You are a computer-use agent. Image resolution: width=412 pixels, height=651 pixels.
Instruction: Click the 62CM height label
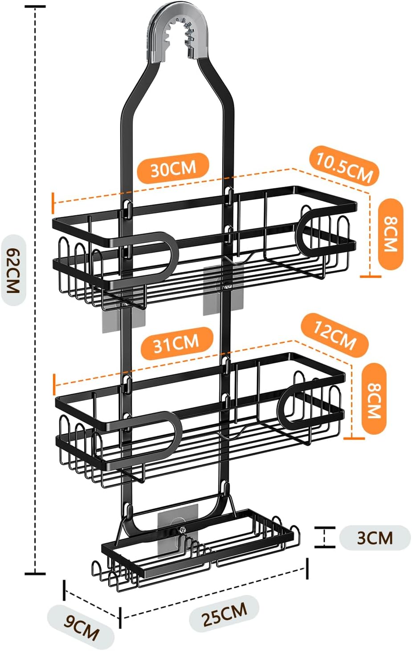click(x=13, y=270)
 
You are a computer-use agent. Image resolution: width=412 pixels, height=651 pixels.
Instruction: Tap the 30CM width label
click(x=173, y=169)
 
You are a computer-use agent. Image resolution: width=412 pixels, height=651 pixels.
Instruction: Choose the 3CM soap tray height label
click(x=375, y=538)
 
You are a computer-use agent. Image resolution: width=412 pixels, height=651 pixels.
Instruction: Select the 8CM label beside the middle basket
click(x=374, y=400)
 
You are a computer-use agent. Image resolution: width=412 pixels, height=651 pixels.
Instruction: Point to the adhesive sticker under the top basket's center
click(x=223, y=290)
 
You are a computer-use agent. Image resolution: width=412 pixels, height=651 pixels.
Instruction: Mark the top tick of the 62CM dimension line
click(x=35, y=6)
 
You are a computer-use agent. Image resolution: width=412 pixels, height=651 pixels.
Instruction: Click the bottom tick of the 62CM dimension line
click(x=35, y=574)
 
